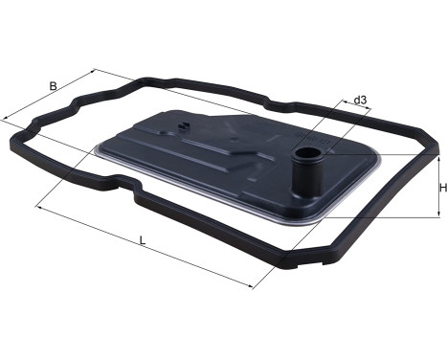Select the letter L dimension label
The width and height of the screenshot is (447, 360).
(143, 241)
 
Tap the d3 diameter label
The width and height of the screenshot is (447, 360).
(360, 100)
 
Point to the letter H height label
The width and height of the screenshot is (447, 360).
(442, 189)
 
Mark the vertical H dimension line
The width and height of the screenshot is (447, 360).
(429, 188)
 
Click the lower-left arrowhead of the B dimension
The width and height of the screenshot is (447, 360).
(6, 119)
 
